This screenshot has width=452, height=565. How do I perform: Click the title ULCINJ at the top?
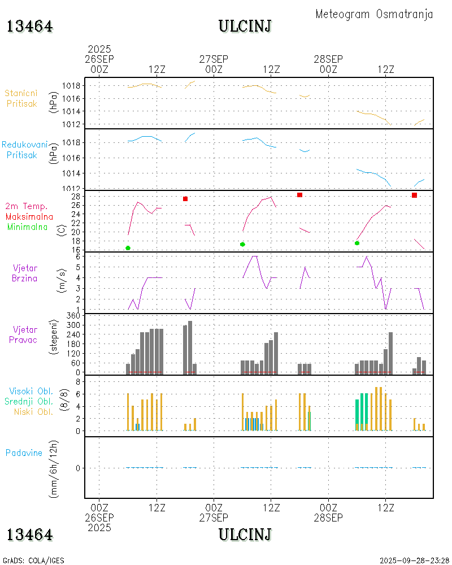click(245, 26)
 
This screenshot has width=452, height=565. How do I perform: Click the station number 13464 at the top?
click(29, 26)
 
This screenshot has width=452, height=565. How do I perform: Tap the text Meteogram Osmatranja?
click(374, 14)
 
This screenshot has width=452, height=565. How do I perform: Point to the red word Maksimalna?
click(29, 216)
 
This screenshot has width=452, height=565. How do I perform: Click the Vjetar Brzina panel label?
click(25, 272)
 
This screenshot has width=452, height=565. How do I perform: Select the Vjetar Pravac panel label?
click(25, 334)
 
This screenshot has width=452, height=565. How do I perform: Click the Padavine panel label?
click(24, 453)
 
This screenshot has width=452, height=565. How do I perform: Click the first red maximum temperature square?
click(185, 199)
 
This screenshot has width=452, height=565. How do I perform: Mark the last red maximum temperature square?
click(414, 195)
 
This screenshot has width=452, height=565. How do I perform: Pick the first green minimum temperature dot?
click(128, 248)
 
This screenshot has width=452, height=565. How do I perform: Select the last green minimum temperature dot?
click(357, 243)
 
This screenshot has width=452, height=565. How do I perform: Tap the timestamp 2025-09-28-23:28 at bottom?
click(414, 560)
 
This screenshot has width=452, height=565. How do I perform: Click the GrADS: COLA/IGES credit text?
click(34, 560)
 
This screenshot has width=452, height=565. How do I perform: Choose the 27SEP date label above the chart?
click(214, 59)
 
